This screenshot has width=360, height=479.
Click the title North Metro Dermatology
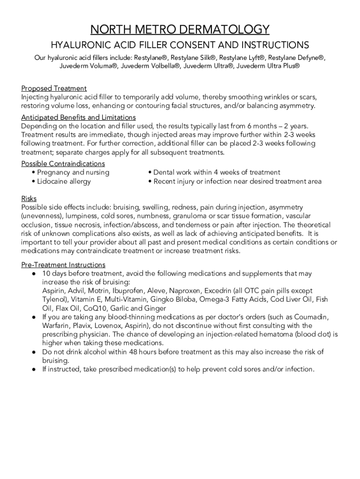click(x=180, y=29)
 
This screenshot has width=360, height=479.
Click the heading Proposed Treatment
click(x=54, y=88)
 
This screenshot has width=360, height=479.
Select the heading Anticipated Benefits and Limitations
click(x=79, y=117)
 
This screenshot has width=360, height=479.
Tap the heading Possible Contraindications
click(x=63, y=164)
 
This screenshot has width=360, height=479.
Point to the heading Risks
click(x=29, y=198)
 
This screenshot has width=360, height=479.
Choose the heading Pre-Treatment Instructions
click(x=63, y=265)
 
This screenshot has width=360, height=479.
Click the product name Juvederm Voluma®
click(x=88, y=66)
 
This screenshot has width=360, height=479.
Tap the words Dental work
click(x=172, y=173)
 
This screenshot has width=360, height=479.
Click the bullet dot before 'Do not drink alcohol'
click(x=33, y=352)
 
